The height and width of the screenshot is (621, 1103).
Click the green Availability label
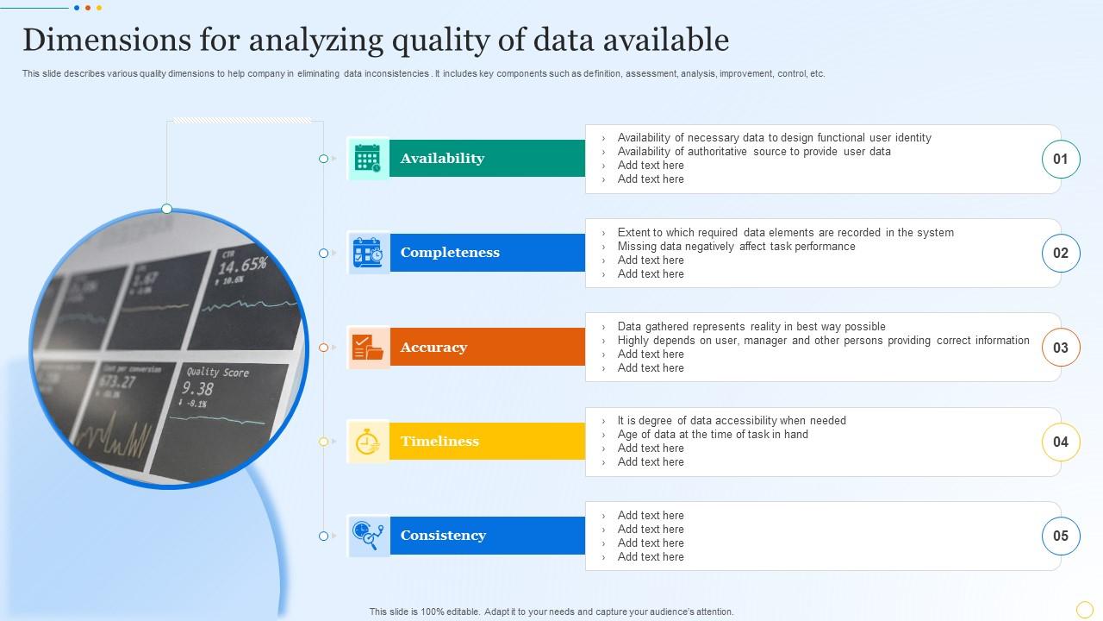[x=442, y=159]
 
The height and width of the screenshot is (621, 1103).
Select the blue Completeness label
[x=450, y=253]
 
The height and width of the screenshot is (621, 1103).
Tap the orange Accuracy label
[x=433, y=348]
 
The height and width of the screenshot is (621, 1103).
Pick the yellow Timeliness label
[x=439, y=442]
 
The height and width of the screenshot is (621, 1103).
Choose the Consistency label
[x=443, y=536]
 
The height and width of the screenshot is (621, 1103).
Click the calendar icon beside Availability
[x=368, y=159]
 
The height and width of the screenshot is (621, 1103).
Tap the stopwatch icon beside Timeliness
[x=368, y=442]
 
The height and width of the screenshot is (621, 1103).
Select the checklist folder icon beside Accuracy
[x=368, y=348]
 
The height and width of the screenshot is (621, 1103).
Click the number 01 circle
[x=1060, y=159]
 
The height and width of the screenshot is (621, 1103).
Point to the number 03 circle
[x=1060, y=348]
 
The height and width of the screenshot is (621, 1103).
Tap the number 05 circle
[x=1060, y=536]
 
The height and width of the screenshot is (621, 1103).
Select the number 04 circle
[x=1060, y=442]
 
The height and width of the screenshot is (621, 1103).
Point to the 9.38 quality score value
[x=198, y=389]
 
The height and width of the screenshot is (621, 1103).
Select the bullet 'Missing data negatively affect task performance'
[x=736, y=247]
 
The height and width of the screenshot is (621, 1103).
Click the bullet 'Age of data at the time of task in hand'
[x=713, y=435]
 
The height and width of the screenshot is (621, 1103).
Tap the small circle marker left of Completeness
[x=323, y=254]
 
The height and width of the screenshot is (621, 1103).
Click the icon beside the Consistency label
[x=368, y=536]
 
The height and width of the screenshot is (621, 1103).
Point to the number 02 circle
[x=1060, y=253]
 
